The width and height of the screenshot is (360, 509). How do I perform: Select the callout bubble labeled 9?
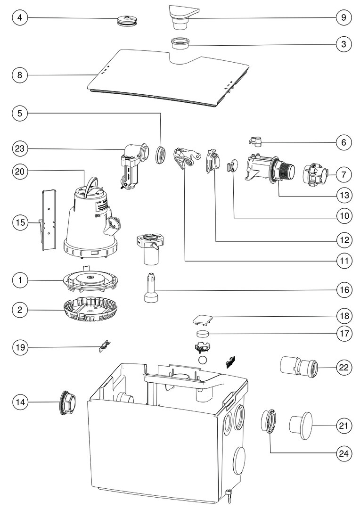click(x=344, y=17)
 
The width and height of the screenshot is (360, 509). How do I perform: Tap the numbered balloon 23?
click(x=20, y=148)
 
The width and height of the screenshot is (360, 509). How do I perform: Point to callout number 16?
click(x=344, y=289)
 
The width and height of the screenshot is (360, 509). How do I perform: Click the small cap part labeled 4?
click(x=126, y=20)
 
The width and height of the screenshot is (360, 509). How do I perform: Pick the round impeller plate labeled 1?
click(x=90, y=279)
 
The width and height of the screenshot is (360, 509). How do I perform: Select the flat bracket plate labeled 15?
click(x=48, y=219)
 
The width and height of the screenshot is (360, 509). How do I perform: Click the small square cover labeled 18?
click(x=202, y=320)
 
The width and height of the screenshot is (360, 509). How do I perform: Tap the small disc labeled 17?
click(x=202, y=334)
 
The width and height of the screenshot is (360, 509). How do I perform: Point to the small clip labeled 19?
click(x=104, y=347)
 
